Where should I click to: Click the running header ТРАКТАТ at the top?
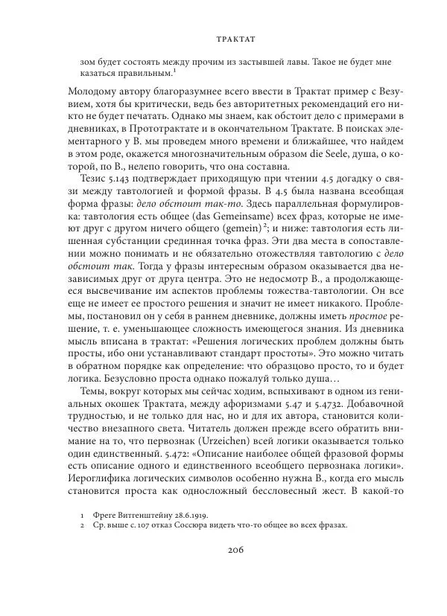point(223,34)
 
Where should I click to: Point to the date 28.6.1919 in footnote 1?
point(186,515)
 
